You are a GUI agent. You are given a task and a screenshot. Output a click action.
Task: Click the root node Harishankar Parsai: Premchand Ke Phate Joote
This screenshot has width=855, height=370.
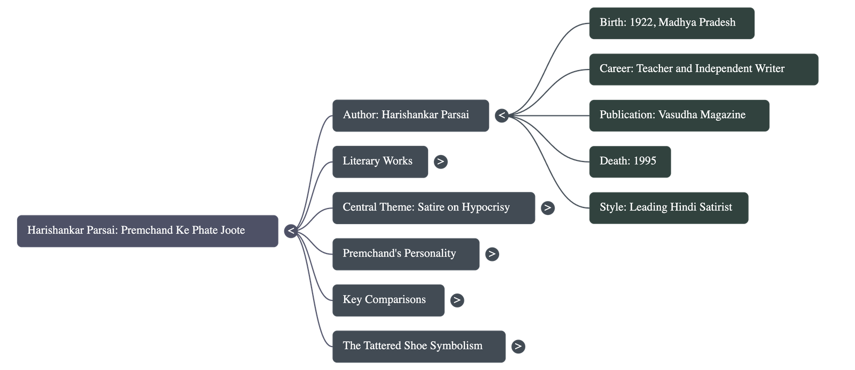point(147,231)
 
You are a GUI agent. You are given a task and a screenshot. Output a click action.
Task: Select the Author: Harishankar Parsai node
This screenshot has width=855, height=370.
point(410,115)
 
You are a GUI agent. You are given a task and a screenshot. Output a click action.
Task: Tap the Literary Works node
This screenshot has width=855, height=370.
point(380,161)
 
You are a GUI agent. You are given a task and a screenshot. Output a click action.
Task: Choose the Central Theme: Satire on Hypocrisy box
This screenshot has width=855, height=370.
point(433,207)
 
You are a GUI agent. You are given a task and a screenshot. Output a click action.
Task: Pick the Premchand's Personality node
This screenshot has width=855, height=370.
point(406,254)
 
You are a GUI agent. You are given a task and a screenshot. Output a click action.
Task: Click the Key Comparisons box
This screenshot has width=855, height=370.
point(388,300)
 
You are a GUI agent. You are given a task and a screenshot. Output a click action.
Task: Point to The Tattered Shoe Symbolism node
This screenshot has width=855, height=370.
point(418,346)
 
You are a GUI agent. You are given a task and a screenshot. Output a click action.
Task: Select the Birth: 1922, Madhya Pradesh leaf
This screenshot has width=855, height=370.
point(672,23)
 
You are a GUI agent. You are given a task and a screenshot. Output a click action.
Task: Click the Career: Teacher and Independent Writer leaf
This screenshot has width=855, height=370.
point(703,69)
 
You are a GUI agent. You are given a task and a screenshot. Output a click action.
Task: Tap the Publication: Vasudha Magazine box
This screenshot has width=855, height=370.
point(679,115)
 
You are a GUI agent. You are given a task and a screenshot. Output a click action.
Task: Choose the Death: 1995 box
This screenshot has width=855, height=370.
point(629,161)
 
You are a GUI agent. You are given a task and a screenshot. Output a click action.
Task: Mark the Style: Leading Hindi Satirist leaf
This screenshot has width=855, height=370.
point(669,207)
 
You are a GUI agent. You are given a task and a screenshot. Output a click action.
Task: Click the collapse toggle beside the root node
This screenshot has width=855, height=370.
point(291,232)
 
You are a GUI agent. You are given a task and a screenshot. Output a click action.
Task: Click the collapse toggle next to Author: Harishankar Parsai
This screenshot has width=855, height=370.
point(502,115)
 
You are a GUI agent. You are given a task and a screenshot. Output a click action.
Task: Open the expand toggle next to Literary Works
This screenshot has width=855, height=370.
point(440,161)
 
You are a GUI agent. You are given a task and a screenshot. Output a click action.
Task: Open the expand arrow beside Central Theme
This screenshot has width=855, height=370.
point(547,208)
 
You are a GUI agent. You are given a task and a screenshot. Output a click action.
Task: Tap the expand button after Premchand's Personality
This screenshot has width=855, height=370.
point(492,254)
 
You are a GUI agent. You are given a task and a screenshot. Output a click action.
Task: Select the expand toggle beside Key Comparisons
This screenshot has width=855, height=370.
point(456,300)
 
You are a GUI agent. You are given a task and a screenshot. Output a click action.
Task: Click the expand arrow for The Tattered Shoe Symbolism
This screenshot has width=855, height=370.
point(518,346)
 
